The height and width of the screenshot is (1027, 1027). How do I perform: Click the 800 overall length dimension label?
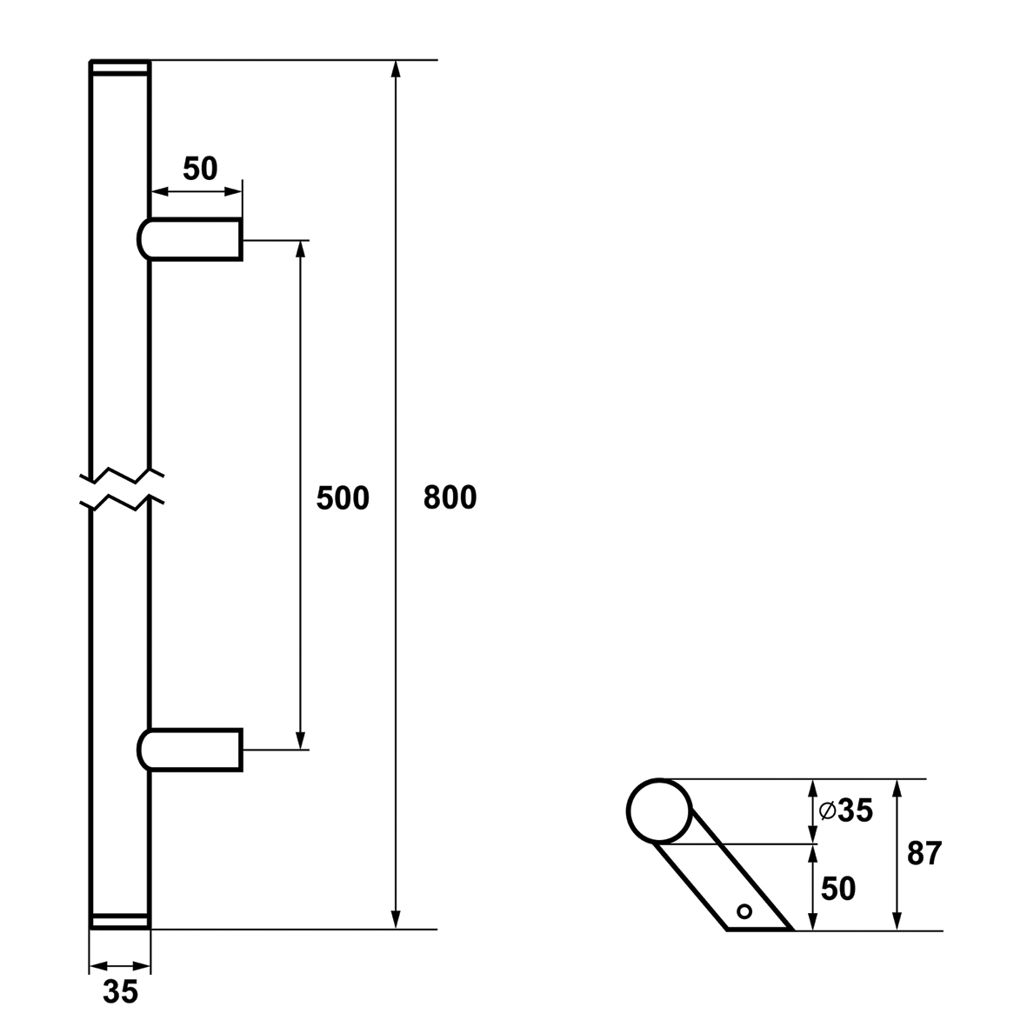(x=450, y=497)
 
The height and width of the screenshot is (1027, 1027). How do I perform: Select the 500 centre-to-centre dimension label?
(x=343, y=498)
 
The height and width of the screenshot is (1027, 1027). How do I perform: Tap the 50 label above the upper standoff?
(x=200, y=169)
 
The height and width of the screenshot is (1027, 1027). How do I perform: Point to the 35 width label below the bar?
(x=121, y=991)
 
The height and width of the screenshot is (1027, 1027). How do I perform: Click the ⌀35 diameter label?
(x=846, y=810)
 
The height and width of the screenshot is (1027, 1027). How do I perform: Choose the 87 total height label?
(x=924, y=853)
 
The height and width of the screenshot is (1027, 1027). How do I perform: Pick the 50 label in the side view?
(x=838, y=889)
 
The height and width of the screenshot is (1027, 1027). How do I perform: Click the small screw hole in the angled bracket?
(x=744, y=911)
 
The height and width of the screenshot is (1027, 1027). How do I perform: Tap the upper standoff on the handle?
(x=190, y=239)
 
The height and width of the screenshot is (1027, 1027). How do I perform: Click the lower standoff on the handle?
(x=190, y=750)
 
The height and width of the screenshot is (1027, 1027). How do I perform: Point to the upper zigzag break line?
(x=121, y=477)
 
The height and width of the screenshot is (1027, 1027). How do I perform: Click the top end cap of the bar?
(x=120, y=68)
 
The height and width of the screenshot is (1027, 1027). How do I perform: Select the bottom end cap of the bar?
(x=120, y=921)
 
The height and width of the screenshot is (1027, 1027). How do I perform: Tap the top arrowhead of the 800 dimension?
(x=395, y=69)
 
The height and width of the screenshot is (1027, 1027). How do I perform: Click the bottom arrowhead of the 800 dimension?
(x=395, y=920)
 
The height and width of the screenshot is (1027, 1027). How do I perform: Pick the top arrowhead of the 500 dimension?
(x=301, y=250)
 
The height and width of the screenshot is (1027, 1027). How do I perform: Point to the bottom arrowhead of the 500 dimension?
(x=301, y=740)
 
